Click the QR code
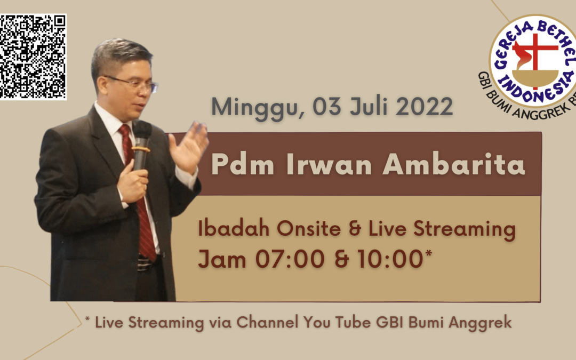[33, 57]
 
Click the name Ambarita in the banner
[454, 164]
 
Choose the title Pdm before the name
[243, 164]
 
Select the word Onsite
[309, 228]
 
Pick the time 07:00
[290, 259]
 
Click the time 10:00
[390, 259]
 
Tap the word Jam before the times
[222, 259]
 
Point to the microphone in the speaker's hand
[141, 145]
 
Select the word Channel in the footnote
[267, 322]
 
